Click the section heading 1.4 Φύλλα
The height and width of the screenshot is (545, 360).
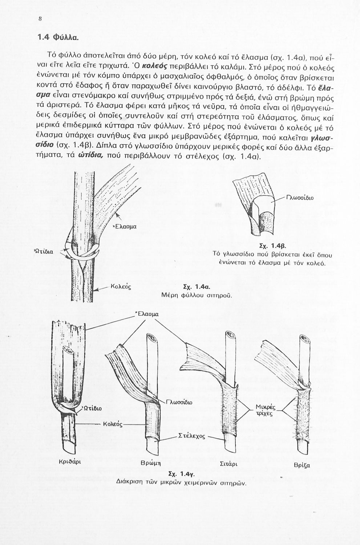pos(58,37)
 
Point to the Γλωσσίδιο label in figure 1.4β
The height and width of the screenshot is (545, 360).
pos(300,198)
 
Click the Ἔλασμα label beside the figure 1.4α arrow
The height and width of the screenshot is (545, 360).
pos(125,227)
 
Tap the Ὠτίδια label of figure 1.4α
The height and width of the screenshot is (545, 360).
pos(44,251)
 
